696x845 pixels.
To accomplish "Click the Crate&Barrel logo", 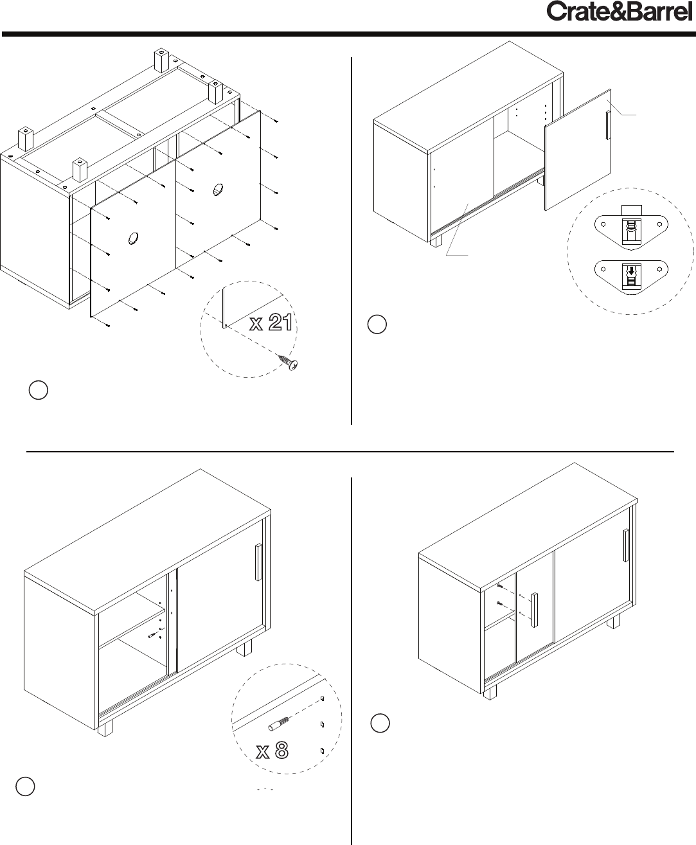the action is pos(619,12).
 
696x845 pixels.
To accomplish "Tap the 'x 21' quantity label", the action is pos(271,323).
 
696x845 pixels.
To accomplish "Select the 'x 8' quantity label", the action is pos(272,751).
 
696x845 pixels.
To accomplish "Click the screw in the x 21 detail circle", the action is pos(289,362).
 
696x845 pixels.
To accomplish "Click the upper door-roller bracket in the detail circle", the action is pos(631,227).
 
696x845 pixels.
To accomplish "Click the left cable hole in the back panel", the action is pos(133,238).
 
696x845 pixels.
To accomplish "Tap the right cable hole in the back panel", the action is pos(218,189).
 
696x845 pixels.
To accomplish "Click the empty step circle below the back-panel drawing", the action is pos(39,390).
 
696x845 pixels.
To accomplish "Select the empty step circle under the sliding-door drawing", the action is pos(377,325).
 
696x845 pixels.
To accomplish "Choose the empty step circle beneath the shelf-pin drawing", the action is pos(25,787).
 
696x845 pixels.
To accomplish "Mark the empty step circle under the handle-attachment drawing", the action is pos(380,723).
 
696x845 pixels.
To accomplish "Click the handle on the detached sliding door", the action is pos(608,125).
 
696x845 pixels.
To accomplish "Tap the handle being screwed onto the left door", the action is pos(535,610).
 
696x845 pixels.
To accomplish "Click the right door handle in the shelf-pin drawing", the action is pos(259,562).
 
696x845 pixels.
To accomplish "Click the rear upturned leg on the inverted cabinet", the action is pos(161,60).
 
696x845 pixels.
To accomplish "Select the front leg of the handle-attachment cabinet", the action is pos(490,693).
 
